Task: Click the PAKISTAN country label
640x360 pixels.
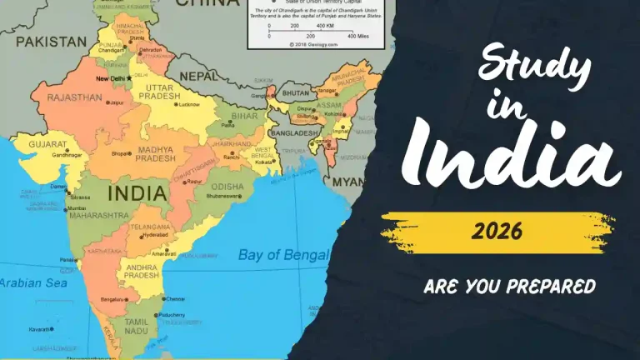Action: (x=51, y=41)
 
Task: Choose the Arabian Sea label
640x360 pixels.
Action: (x=32, y=283)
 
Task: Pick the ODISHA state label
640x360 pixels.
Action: (x=225, y=187)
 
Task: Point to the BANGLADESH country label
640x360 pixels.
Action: (x=292, y=133)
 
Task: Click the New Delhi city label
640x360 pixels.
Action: (x=112, y=79)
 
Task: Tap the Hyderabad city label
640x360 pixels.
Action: (x=156, y=235)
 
